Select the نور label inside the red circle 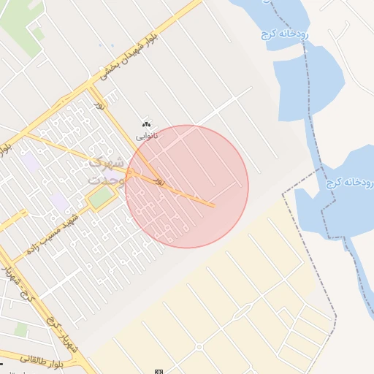tap(159, 179)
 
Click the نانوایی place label tap(146, 137)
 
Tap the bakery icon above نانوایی tap(146, 125)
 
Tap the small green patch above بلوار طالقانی tap(20, 330)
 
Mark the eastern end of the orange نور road tap(213, 205)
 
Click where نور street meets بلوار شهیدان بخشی tap(89, 85)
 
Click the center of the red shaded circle tap(187, 186)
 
